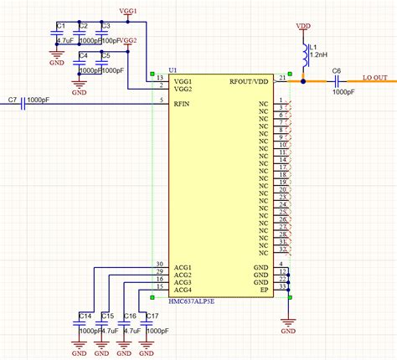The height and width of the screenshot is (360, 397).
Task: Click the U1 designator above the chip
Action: (173, 69)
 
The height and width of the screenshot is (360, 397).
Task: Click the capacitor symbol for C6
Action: (338, 82)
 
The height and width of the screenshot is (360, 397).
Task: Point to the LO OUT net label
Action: (374, 78)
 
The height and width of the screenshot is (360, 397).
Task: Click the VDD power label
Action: (302, 26)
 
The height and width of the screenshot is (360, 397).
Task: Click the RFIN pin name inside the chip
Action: (183, 103)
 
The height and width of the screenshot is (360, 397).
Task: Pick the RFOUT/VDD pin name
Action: (250, 82)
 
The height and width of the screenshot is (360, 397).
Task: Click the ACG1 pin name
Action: (183, 266)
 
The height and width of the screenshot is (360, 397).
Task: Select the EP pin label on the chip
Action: (264, 290)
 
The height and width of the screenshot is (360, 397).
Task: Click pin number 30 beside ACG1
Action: (159, 264)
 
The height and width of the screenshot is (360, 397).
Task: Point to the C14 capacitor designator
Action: (84, 315)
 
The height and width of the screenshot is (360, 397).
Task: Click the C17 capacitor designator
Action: (151, 315)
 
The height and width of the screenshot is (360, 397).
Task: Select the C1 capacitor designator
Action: (60, 26)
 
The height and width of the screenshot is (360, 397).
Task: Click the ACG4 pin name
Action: (183, 290)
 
